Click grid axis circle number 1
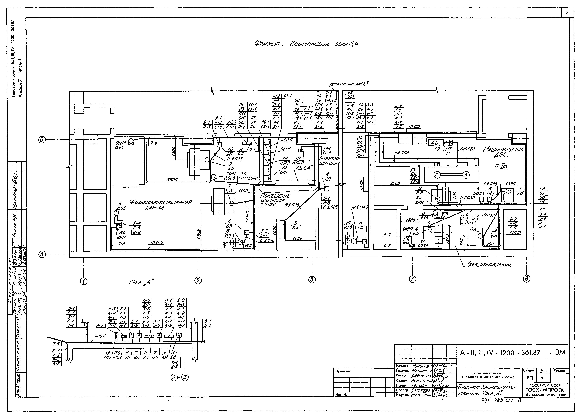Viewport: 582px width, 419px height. (x=83, y=281)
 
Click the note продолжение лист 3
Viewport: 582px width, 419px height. (x=349, y=84)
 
